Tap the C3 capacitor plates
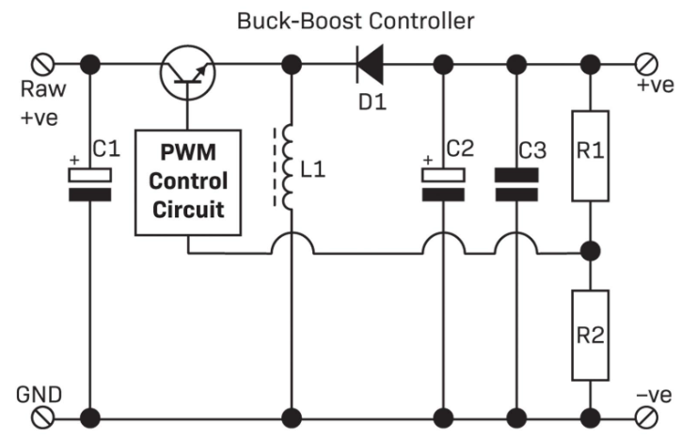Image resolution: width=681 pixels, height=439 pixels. tap(515, 184)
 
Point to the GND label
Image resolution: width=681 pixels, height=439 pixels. tap(36, 394)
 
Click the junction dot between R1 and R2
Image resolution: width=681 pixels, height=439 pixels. tap(591, 252)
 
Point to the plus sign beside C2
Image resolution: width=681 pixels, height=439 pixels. tap(428, 161)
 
